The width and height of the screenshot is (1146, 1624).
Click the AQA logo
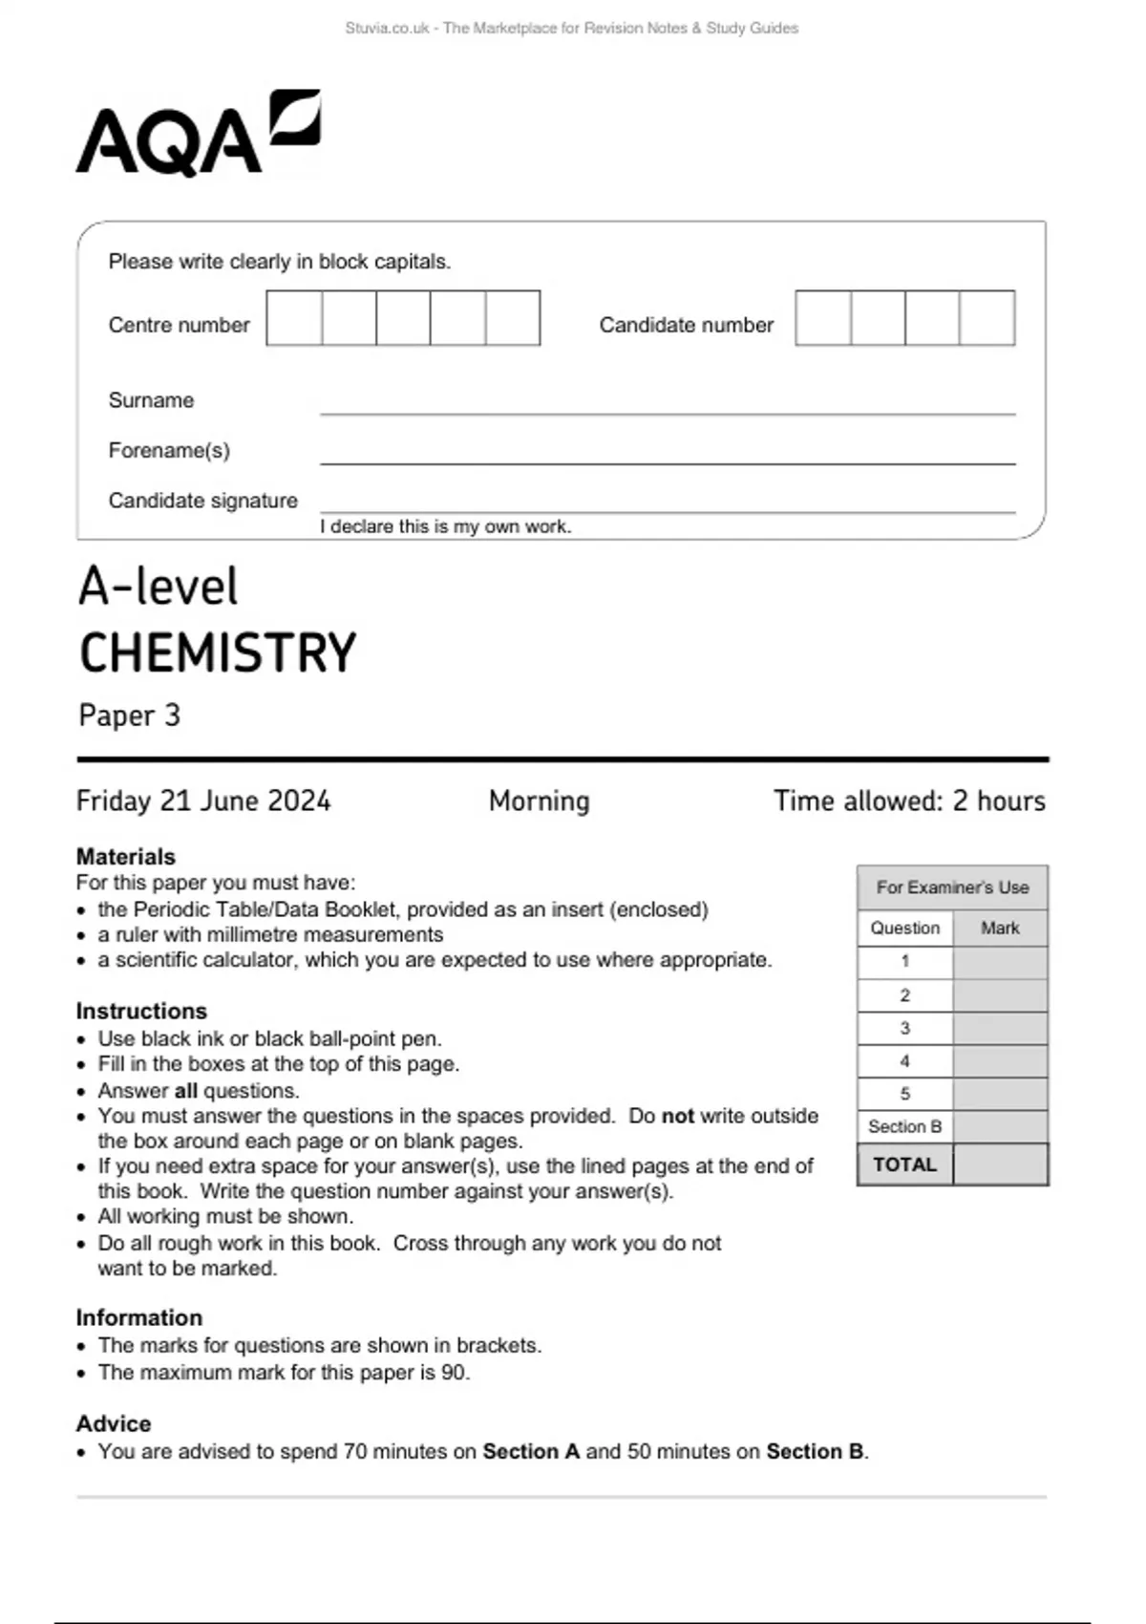[198, 134]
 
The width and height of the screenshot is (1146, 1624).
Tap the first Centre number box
[294, 318]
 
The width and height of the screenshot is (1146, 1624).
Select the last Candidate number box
[987, 318]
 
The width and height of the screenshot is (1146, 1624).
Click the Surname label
[151, 400]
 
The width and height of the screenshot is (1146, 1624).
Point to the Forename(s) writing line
[667, 462]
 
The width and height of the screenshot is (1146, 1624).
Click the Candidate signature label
[202, 501]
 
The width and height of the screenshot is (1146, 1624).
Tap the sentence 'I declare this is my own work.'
[445, 526]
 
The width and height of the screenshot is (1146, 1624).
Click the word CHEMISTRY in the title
[218, 653]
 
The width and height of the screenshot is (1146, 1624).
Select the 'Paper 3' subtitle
[129, 716]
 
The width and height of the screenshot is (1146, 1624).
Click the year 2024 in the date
[299, 801]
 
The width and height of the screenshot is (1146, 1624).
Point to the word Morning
[539, 801]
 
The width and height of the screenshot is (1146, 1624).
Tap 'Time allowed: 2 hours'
[909, 801]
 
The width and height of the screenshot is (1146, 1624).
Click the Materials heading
[126, 856]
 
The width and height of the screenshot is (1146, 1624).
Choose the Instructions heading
[141, 1011]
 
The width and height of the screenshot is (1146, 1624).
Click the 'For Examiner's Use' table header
[952, 887]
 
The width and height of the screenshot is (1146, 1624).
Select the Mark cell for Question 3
[1000, 1029]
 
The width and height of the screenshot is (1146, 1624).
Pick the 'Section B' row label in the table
[904, 1126]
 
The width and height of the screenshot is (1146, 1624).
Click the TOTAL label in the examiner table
[904, 1165]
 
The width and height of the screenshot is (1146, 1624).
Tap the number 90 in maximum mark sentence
[454, 1373]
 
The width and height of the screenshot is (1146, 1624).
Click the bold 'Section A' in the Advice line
[531, 1452]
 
